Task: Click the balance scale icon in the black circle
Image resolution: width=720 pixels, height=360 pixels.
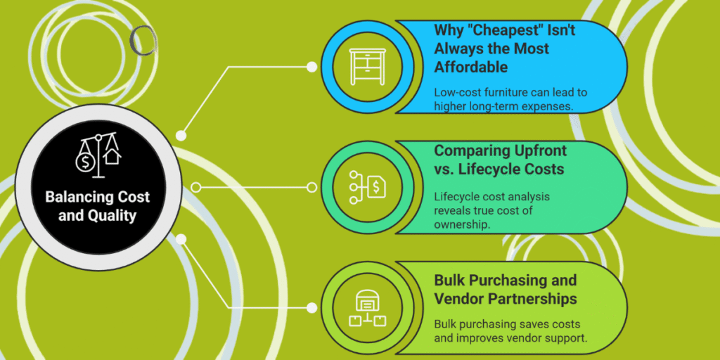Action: pyautogui.click(x=98, y=155)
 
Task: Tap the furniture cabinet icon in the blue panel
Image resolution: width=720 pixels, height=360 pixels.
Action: pyautogui.click(x=367, y=67)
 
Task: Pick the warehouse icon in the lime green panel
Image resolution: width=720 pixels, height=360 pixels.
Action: pyautogui.click(x=367, y=308)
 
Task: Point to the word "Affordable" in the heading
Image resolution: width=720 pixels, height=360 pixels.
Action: pyautogui.click(x=470, y=67)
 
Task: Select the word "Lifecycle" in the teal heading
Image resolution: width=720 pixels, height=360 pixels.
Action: pyautogui.click(x=498, y=169)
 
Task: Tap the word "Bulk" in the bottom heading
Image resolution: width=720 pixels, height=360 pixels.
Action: pyautogui.click(x=451, y=281)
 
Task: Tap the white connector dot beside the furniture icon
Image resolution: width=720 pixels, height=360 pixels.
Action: pyautogui.click(x=311, y=67)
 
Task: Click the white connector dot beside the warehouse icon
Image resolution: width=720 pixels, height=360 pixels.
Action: pyautogui.click(x=311, y=308)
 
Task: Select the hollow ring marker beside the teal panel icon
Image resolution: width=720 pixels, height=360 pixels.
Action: pyautogui.click(x=311, y=187)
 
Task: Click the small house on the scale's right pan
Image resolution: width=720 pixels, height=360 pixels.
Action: pyautogui.click(x=112, y=156)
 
